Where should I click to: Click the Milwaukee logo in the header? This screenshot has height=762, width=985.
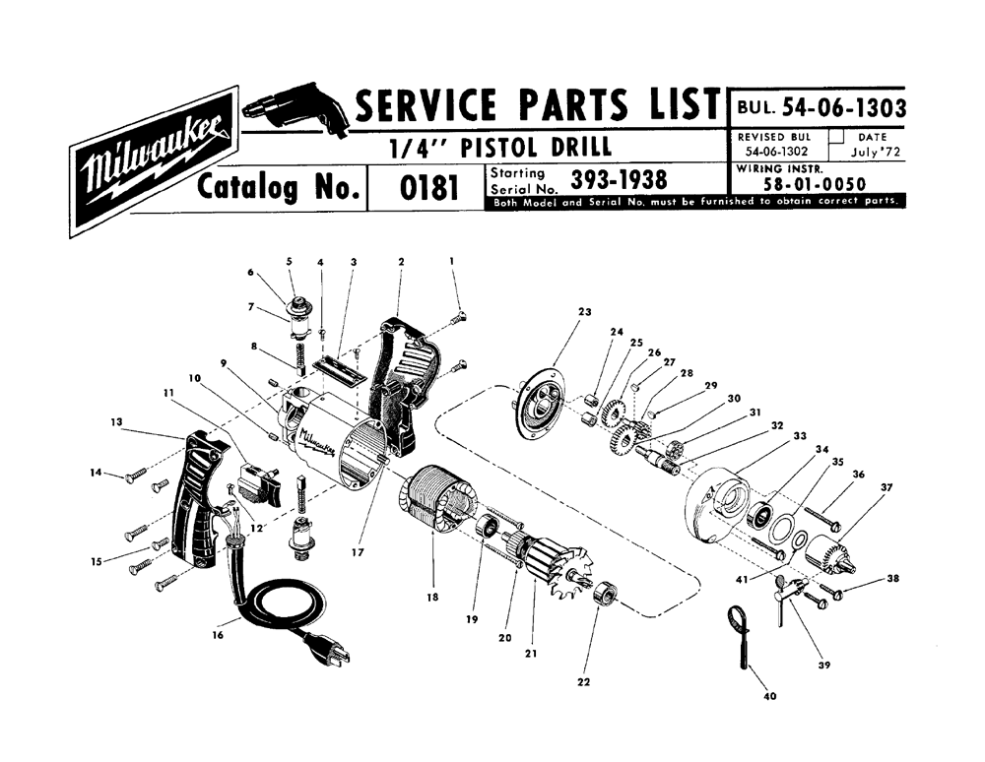tap(154, 161)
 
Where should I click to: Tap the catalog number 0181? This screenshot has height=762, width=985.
tap(427, 188)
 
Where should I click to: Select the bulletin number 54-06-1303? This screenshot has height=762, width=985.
tap(843, 108)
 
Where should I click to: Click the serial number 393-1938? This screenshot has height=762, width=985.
tap(619, 180)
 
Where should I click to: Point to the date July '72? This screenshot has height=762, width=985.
tap(876, 152)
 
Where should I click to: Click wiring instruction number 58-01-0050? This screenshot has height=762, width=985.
tap(815, 184)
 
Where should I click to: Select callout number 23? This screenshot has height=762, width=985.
tap(585, 311)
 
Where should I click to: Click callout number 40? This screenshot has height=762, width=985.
tap(769, 696)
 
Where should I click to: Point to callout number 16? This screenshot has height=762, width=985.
tap(218, 635)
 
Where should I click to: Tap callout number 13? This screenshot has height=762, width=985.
tap(116, 421)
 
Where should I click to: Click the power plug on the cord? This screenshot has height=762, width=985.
tap(328, 649)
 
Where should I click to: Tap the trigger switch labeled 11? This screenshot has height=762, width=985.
tap(257, 482)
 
